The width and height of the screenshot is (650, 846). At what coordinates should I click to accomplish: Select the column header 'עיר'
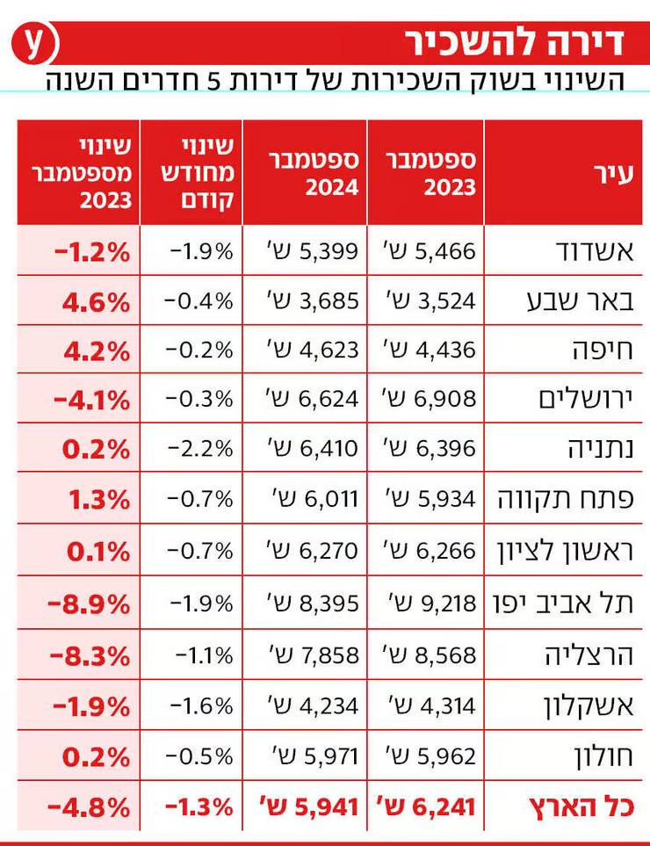(x=614, y=174)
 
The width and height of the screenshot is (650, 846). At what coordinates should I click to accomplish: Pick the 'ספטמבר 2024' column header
(x=314, y=173)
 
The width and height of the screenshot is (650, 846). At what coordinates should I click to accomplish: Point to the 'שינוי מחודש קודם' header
(x=198, y=173)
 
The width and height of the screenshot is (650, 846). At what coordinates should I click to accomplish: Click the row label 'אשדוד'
(x=595, y=252)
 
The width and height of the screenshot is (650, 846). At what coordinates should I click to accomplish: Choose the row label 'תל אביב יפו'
(x=564, y=604)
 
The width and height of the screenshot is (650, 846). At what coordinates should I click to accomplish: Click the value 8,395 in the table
(x=313, y=604)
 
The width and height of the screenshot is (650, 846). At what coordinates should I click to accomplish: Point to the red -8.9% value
(x=89, y=604)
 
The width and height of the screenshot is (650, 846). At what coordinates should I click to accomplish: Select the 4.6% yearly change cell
(x=96, y=303)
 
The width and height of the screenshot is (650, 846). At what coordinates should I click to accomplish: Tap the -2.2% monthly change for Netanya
(x=200, y=449)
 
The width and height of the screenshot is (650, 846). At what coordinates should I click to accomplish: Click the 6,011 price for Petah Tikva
(x=316, y=499)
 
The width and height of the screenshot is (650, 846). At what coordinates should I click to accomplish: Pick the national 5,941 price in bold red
(x=309, y=807)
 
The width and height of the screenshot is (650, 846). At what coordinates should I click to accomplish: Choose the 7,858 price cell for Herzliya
(x=314, y=655)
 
